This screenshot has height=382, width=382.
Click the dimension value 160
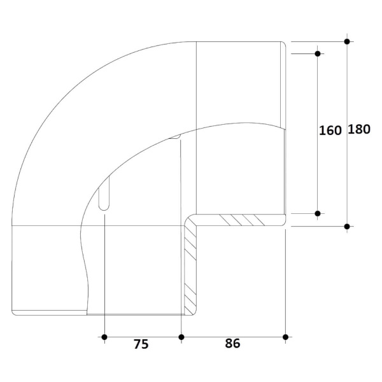pyautogui.click(x=330, y=131)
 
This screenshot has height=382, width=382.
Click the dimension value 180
pyautogui.click(x=359, y=129)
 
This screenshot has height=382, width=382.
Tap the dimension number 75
pyautogui.click(x=141, y=344)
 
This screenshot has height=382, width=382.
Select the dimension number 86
pyautogui.click(x=232, y=343)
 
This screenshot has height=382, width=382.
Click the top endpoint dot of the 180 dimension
pyautogui.click(x=347, y=41)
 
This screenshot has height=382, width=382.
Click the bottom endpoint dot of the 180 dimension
pyautogui.click(x=347, y=227)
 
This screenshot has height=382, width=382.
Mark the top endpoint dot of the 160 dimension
pyautogui.click(x=318, y=53)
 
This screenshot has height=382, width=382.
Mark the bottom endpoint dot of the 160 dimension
pyautogui.click(x=318, y=214)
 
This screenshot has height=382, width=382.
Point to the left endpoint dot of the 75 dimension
pyautogui.click(x=104, y=337)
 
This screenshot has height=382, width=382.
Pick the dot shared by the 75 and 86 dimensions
pyautogui.click(x=181, y=337)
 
